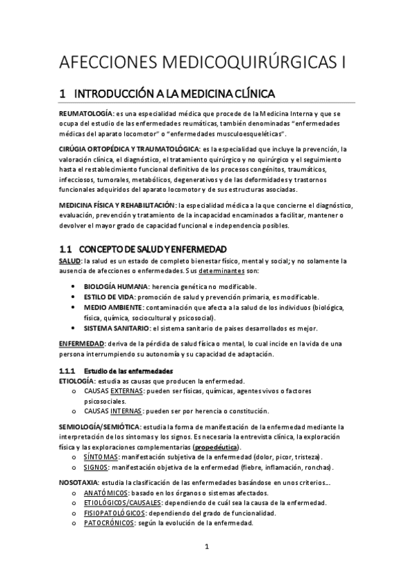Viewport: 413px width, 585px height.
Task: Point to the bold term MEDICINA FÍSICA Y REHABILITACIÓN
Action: tap(117, 206)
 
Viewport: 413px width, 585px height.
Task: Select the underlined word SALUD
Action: tap(70, 261)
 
